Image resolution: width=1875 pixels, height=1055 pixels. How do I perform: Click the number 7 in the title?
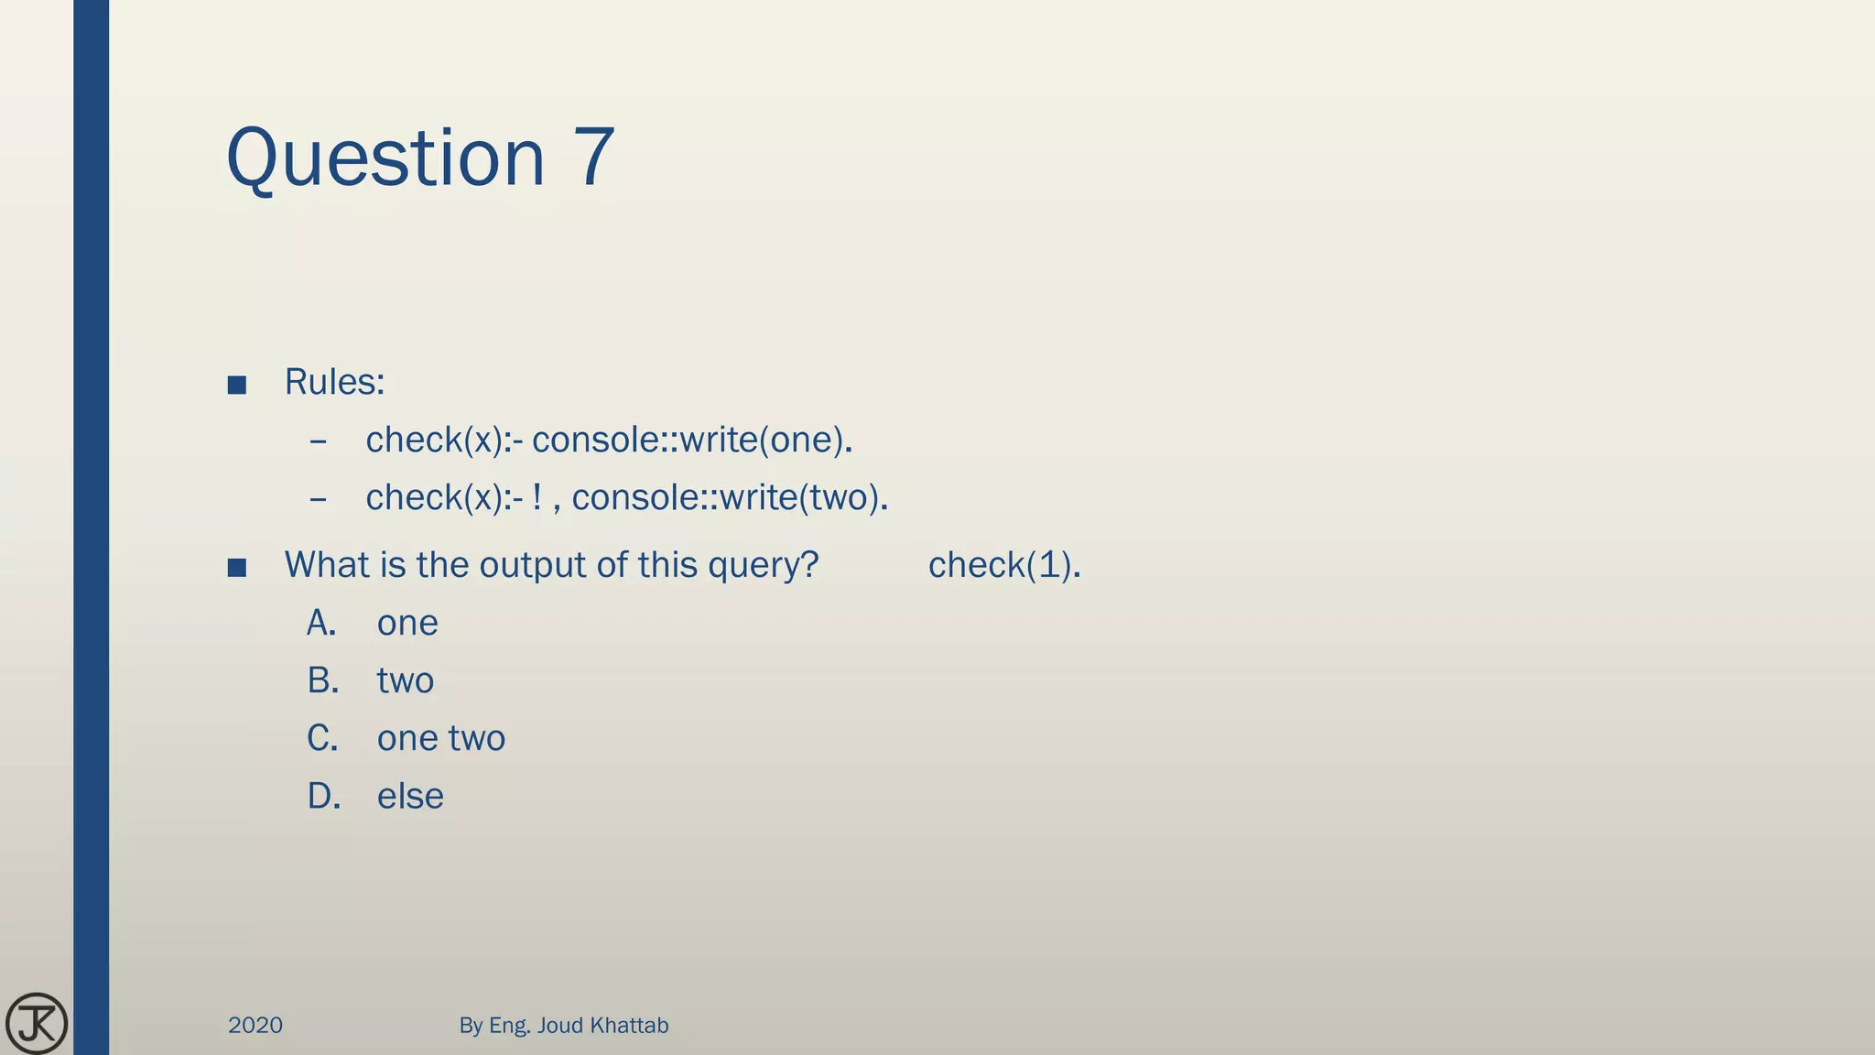tap(594, 158)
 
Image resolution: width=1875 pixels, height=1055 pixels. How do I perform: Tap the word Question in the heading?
tap(385, 159)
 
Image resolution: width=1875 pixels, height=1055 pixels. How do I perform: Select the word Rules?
tap(334, 382)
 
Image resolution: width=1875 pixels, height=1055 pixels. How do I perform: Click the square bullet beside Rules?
tap(237, 385)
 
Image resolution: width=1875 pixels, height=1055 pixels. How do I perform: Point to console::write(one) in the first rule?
tap(692, 440)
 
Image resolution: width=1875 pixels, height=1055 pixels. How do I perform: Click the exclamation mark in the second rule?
tap(537, 497)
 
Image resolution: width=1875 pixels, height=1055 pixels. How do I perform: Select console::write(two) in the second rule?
tap(730, 498)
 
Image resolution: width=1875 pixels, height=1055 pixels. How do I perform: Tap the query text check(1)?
tap(1004, 565)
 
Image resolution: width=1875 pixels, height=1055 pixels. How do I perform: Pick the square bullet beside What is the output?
tap(237, 568)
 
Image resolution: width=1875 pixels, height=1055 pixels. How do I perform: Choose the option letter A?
tap(321, 624)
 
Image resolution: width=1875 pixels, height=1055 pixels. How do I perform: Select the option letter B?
tap(322, 681)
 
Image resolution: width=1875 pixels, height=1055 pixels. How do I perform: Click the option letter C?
tap(322, 739)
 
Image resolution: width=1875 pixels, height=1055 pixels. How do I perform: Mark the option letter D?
tap(323, 797)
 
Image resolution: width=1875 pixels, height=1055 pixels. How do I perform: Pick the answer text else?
tap(410, 797)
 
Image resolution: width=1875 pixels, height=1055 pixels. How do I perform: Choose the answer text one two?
tap(440, 739)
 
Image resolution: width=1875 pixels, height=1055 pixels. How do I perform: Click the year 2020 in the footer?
tap(255, 1026)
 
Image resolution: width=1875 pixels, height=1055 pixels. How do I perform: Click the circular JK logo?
tap(37, 1024)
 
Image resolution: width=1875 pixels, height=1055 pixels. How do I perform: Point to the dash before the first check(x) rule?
tap(319, 442)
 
